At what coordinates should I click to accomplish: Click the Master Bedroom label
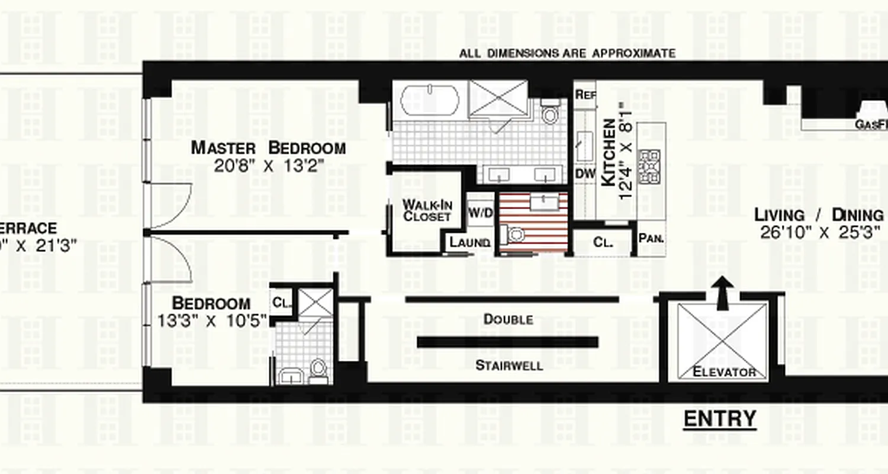pyautogui.click(x=268, y=148)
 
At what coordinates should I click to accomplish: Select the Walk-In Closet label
pyautogui.click(x=427, y=211)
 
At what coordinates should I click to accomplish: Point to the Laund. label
pyautogui.click(x=469, y=243)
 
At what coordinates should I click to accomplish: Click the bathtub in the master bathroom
pyautogui.click(x=429, y=100)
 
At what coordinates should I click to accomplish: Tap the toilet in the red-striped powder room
pyautogui.click(x=516, y=235)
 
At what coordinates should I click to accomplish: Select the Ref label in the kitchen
pyautogui.click(x=585, y=95)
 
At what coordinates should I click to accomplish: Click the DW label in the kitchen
pyautogui.click(x=584, y=174)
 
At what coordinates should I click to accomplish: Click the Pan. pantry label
pyautogui.click(x=651, y=239)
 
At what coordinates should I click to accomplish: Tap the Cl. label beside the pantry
pyautogui.click(x=602, y=242)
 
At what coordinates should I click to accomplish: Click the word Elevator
pyautogui.click(x=724, y=373)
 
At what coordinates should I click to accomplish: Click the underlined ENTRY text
pyautogui.click(x=720, y=419)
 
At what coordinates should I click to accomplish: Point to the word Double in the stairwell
pyautogui.click(x=508, y=319)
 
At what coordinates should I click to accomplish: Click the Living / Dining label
pyautogui.click(x=820, y=215)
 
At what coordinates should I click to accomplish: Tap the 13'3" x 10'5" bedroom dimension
pyautogui.click(x=212, y=321)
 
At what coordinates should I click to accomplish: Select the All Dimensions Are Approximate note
pyautogui.click(x=567, y=53)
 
